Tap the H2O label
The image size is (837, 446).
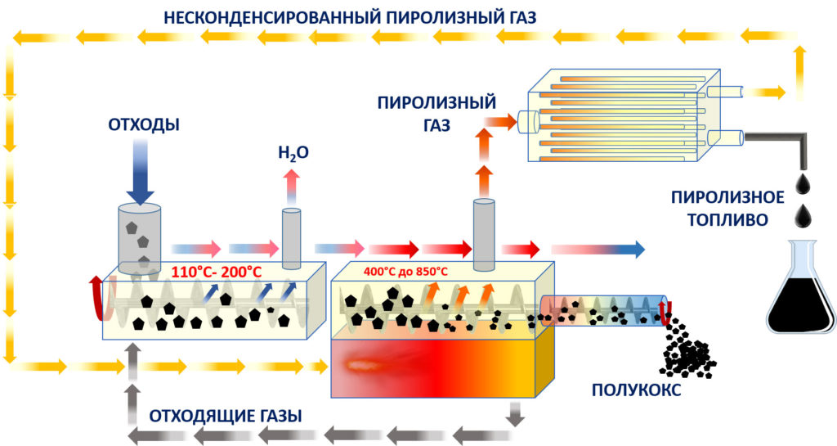click(x=293, y=151)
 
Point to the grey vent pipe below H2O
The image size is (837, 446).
click(x=292, y=237)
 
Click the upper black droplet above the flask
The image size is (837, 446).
click(x=806, y=179)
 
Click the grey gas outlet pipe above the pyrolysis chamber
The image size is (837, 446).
click(x=484, y=232)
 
